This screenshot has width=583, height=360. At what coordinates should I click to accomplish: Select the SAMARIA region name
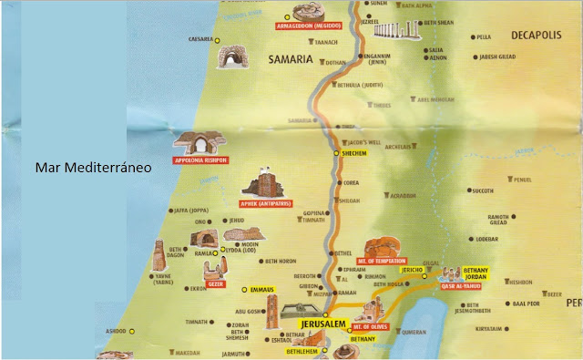coord(290,59)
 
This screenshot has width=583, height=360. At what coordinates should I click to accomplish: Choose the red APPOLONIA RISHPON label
coord(201,159)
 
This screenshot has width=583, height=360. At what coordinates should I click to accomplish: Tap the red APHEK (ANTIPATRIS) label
coord(265,203)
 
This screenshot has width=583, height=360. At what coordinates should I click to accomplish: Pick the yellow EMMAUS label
coord(263,290)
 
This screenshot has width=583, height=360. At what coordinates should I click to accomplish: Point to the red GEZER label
coord(216,283)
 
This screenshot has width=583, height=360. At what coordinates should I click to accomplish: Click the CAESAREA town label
coord(199,39)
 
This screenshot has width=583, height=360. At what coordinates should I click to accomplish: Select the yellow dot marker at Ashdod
coord(131,331)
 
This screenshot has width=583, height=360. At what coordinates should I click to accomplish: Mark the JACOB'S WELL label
coord(362,143)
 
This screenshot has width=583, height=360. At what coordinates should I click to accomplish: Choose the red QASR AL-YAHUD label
coord(460,285)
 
